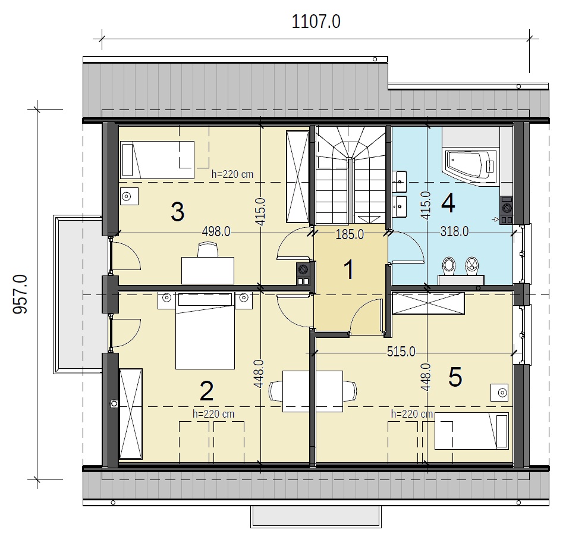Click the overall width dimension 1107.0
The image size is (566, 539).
click(316, 22)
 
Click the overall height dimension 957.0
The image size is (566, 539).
click(20, 294)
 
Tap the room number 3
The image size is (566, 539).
click(178, 212)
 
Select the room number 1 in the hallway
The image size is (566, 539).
click(348, 269)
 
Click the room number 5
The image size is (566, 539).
click(455, 377)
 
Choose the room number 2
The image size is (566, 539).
click(206, 391)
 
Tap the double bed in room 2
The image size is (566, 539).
click(205, 331)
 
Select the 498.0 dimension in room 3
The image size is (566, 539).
click(216, 231)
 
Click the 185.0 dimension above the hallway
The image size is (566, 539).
click(350, 235)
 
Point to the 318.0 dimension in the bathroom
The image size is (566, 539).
click(454, 231)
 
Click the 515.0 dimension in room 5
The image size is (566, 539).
click(401, 352)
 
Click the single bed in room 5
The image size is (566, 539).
click(471, 431)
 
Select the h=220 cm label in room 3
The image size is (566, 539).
click(232, 174)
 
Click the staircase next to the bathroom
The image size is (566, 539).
click(351, 175)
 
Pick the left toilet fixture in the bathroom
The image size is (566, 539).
click(449, 265)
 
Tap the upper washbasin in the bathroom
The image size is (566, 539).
click(400, 181)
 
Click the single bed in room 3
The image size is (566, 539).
click(158, 159)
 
